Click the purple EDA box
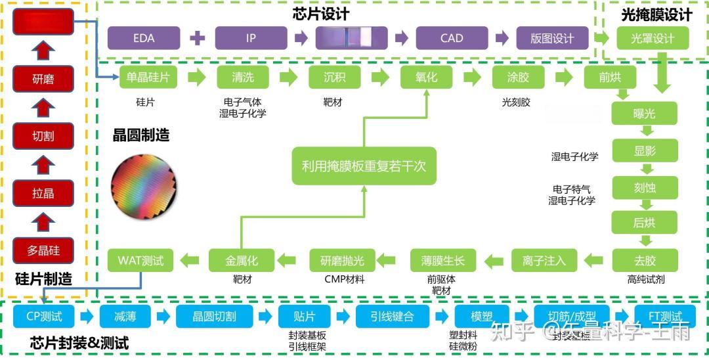[143, 38]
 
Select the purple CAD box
[452, 38]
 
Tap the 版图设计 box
[552, 38]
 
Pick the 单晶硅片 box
[148, 78]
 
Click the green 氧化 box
[426, 78]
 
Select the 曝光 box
[644, 114]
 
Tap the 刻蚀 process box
[644, 187]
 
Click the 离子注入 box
[544, 260]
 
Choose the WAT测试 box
[140, 260]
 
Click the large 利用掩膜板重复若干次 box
[364, 166]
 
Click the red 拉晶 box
[43, 194]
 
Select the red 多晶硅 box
[43, 250]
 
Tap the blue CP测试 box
[44, 317]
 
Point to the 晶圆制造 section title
[141, 135]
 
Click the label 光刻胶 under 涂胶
[516, 102]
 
